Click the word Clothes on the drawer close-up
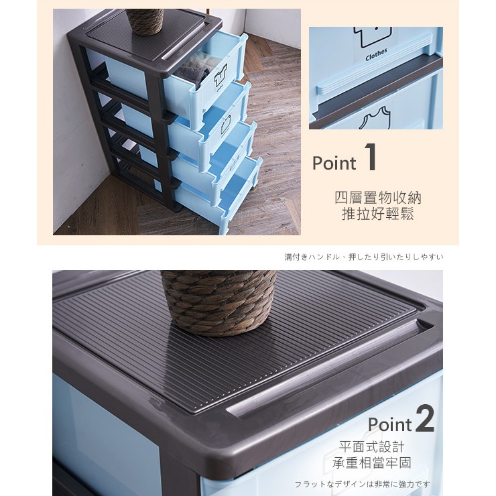coord(376,54)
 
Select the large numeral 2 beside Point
coord(424,419)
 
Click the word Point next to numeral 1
coord(334,164)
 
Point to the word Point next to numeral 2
coord(390,424)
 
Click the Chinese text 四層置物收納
coord(378,198)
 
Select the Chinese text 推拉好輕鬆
coord(378,214)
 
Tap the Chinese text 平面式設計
coord(372,447)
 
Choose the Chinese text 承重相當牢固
coord(372,462)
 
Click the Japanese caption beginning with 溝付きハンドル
coord(364,257)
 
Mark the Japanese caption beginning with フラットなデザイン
coord(362,484)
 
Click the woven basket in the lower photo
coord(219,302)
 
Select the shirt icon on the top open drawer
coord(221,76)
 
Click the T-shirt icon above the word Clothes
coord(373,36)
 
